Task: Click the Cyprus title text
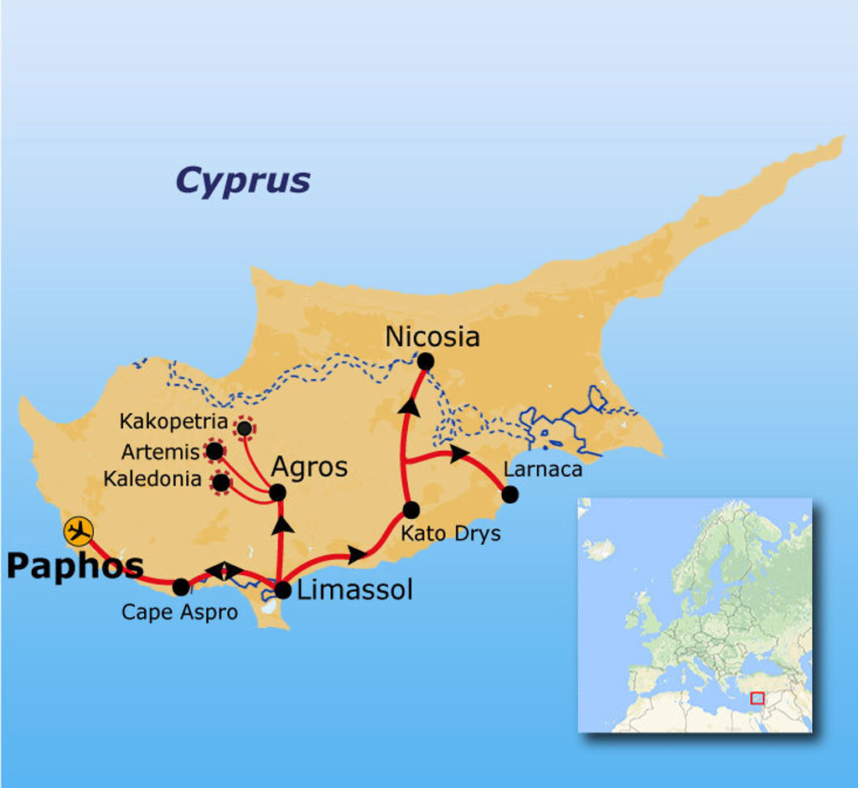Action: [243, 180]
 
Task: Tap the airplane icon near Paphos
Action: [79, 531]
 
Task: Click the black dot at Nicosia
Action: [425, 361]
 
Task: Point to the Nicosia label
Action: [432, 337]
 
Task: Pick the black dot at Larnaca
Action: [509, 495]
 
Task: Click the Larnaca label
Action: [542, 469]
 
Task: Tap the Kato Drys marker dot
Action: [411, 510]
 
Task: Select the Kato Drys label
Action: [450, 533]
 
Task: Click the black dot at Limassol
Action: [282, 590]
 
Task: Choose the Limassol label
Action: [355, 590]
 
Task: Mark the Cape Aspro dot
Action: [180, 587]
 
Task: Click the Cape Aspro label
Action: [179, 612]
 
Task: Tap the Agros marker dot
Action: [277, 493]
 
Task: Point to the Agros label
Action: [309, 468]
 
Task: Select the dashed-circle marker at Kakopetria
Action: [244, 428]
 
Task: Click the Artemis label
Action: [160, 453]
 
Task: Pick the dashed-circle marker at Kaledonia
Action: [221, 483]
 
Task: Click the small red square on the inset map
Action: [757, 697]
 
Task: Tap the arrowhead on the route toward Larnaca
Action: [458, 454]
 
